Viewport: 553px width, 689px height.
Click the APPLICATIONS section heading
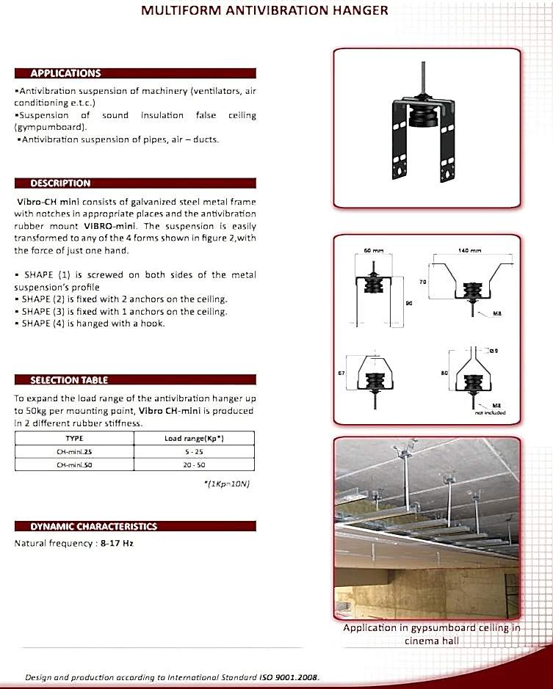pyautogui.click(x=65, y=73)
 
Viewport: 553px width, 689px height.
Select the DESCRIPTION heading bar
pyautogui.click(x=60, y=183)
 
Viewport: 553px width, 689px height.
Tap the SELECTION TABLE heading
pyautogui.click(x=68, y=380)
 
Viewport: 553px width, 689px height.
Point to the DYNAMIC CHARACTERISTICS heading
pyautogui.click(x=93, y=526)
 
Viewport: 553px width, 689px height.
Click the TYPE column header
pyautogui.click(x=75, y=438)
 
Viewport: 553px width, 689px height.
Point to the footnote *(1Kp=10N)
pyautogui.click(x=230, y=484)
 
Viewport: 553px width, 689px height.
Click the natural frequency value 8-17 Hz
pyautogui.click(x=117, y=544)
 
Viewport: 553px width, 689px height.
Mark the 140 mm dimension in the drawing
pyautogui.click(x=470, y=250)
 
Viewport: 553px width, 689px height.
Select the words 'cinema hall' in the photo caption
pyautogui.click(x=432, y=641)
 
